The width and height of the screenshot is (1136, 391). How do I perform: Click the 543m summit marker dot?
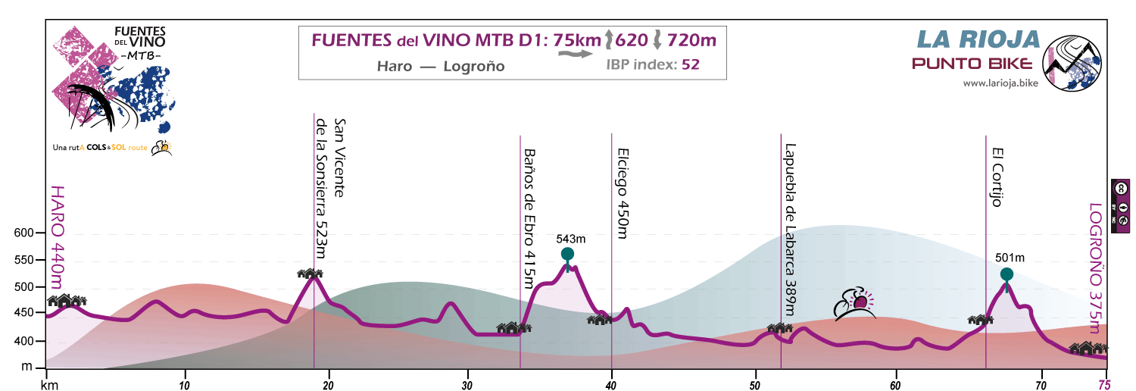(x=567, y=254)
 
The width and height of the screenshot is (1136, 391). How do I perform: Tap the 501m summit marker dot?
(x=1006, y=274)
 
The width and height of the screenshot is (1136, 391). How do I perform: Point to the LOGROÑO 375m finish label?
(x=1094, y=267)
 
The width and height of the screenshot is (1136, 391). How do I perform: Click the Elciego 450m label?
(x=623, y=193)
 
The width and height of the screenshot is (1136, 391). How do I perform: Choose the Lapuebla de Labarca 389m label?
(x=791, y=230)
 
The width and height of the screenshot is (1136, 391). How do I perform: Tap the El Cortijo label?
(x=997, y=177)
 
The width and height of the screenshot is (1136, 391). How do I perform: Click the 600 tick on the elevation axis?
(x=25, y=233)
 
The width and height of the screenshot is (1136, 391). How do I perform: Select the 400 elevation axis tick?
(x=25, y=342)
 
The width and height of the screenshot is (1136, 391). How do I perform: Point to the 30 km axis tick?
(x=468, y=384)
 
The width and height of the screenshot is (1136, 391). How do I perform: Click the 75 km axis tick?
(x=1106, y=384)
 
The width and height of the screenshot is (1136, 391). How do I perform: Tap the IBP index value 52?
(x=690, y=64)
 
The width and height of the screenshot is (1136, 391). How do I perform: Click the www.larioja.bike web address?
(x=1000, y=83)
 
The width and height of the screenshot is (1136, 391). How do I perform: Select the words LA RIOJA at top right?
(x=976, y=38)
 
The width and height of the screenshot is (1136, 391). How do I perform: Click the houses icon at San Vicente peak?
(x=310, y=274)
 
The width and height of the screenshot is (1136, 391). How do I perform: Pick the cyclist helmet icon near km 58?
(x=854, y=304)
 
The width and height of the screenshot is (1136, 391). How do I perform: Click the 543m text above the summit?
(x=570, y=239)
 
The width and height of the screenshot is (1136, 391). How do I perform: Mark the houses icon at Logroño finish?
(x=1088, y=348)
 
